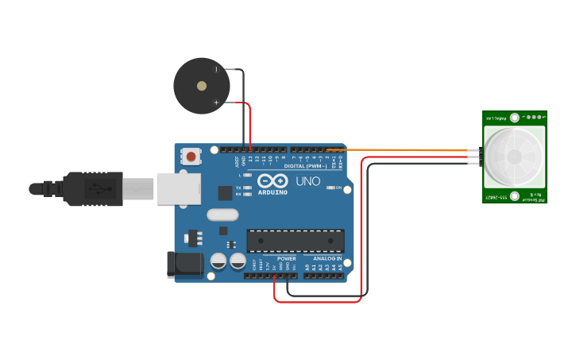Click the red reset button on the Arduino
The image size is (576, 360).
click(x=191, y=157)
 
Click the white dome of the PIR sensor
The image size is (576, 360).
click(x=515, y=157)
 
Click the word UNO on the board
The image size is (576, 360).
click(x=307, y=181)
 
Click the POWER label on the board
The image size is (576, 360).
click(x=286, y=258)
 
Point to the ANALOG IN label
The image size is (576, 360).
click(x=327, y=258)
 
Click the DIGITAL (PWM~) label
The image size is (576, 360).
click(x=304, y=165)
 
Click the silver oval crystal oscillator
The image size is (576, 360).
click(x=222, y=215)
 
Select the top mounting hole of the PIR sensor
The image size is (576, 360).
click(x=515, y=118)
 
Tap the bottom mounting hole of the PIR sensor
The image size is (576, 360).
click(x=515, y=195)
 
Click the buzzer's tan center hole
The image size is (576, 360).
click(x=202, y=86)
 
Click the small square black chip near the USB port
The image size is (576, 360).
click(x=225, y=192)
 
